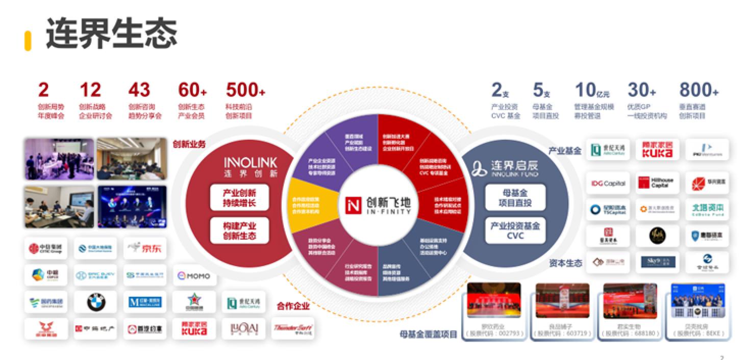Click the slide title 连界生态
[111, 33]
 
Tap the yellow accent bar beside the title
[28, 41]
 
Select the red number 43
[139, 90]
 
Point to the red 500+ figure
[245, 90]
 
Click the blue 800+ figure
[698, 90]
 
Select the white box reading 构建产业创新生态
[239, 231]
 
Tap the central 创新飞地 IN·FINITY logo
[378, 204]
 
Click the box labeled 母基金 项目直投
[515, 197]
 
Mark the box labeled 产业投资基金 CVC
[515, 230]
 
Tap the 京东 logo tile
[145, 248]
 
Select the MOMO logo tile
[194, 275]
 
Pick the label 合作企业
[293, 306]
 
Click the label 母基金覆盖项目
[429, 335]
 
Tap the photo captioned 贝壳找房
[697, 301]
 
